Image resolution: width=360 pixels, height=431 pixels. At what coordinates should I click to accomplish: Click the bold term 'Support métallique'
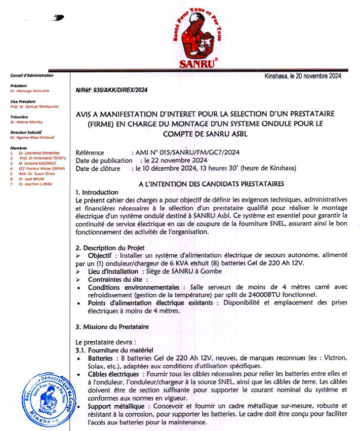118,406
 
